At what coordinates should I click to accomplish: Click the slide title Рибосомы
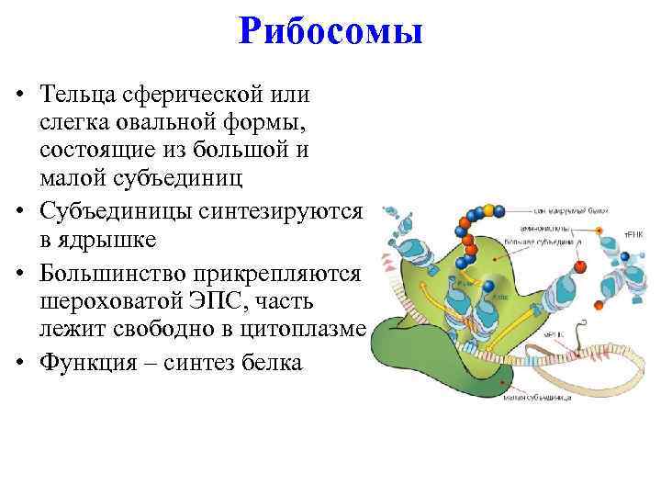[x=330, y=32]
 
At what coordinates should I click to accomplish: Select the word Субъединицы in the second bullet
[x=118, y=212]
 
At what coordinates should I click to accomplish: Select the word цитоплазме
[x=314, y=330]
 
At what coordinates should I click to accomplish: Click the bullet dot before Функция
[x=19, y=362]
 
